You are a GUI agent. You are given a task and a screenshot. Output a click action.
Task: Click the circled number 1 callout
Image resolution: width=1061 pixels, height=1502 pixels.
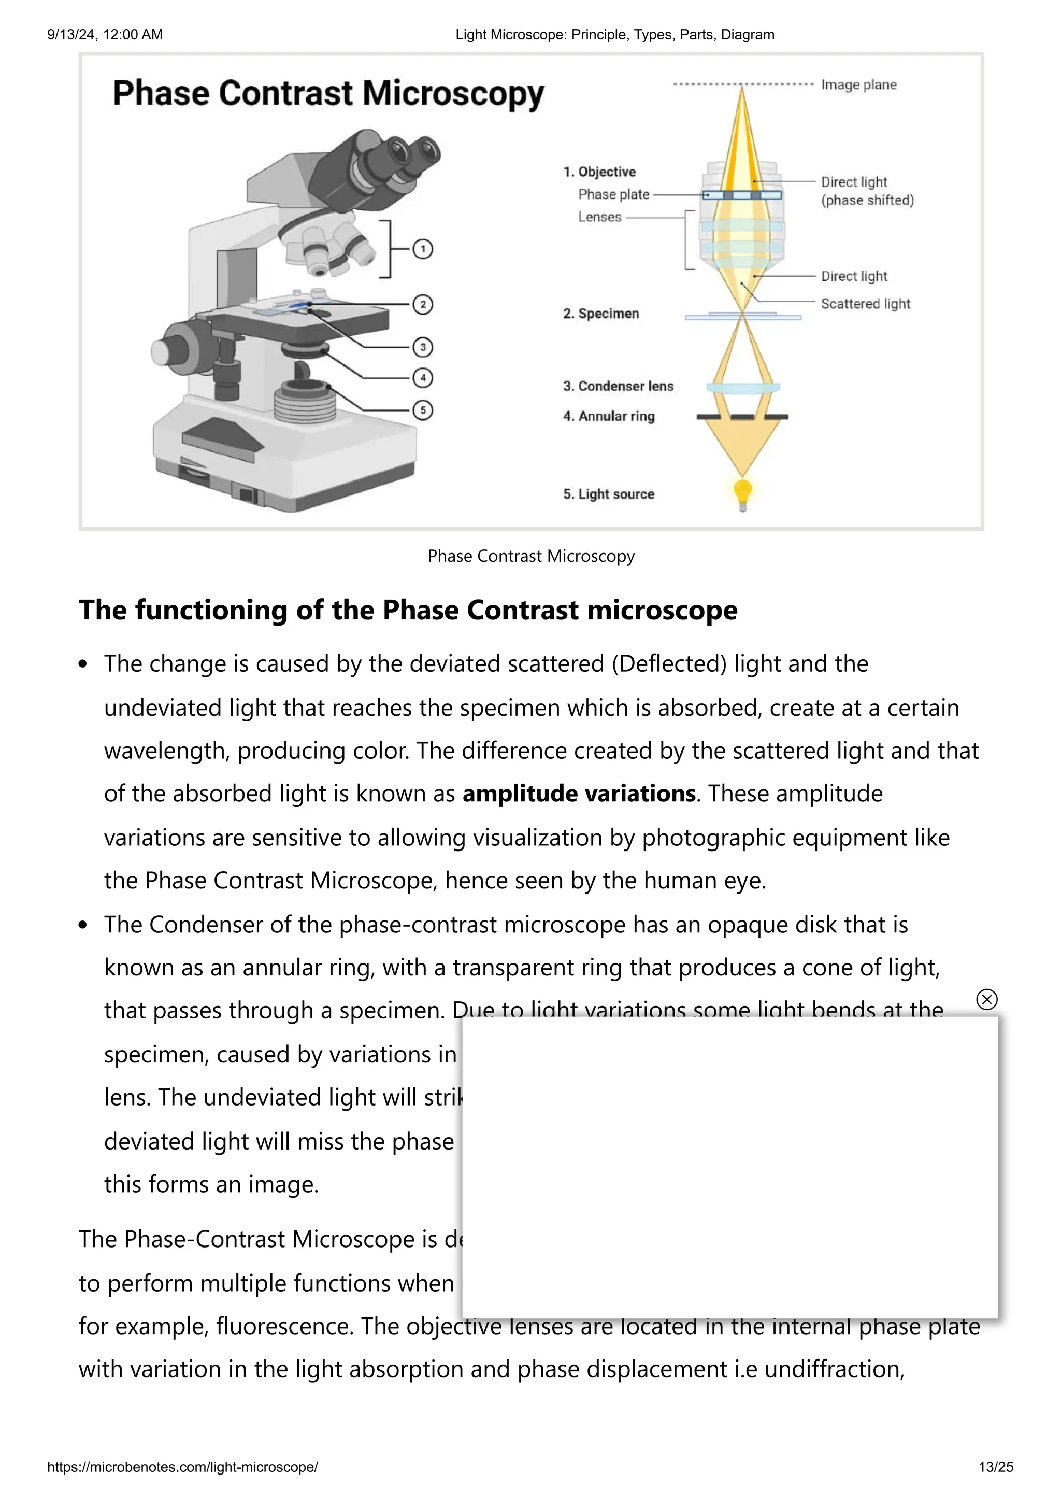click(x=423, y=249)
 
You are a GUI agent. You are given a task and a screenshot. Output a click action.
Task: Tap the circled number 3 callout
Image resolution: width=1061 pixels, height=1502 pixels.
click(x=423, y=347)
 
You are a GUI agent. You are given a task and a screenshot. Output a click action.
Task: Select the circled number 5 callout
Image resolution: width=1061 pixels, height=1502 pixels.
click(x=423, y=410)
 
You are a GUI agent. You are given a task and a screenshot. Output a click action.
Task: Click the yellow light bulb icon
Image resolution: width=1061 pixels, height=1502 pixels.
click(x=742, y=492)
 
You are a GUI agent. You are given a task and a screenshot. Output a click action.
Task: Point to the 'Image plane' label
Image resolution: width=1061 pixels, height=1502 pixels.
click(x=858, y=85)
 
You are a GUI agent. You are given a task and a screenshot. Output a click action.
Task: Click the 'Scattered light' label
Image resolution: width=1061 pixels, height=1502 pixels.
click(x=865, y=304)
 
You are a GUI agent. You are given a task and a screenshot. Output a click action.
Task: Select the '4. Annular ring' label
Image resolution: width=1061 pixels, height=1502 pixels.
click(x=609, y=416)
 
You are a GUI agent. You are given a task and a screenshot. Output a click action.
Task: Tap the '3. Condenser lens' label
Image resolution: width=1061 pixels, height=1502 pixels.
click(x=618, y=386)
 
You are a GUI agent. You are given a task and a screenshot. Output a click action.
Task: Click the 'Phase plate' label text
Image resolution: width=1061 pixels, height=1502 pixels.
click(x=613, y=194)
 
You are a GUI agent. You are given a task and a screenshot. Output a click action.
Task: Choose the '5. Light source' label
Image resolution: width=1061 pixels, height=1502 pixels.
click(x=609, y=494)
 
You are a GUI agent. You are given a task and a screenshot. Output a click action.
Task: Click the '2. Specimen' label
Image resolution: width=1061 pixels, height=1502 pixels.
click(x=601, y=314)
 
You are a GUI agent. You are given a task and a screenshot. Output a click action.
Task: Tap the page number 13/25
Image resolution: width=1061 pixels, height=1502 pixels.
click(x=995, y=1467)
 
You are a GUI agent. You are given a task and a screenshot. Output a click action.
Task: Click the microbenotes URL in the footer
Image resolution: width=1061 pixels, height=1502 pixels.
click(x=182, y=1467)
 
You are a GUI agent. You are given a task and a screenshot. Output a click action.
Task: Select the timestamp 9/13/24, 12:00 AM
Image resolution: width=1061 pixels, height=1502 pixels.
click(x=105, y=35)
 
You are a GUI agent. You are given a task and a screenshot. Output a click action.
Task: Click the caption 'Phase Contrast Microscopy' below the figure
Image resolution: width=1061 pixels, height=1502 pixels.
click(x=531, y=556)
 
